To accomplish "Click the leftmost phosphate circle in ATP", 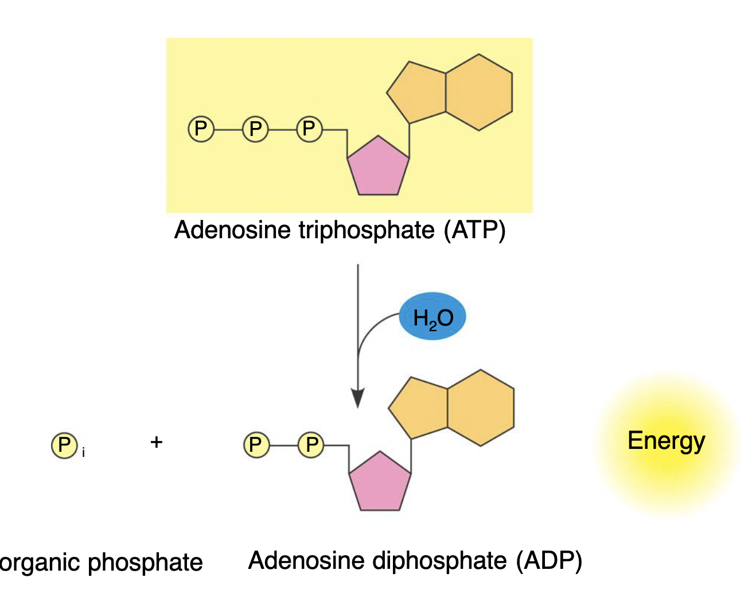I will click(201, 129).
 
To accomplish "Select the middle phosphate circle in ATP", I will click(255, 129).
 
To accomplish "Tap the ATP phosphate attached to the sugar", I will click(309, 129).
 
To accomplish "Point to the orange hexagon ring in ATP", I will click(479, 92).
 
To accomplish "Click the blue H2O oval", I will click(432, 317).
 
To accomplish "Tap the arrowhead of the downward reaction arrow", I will click(358, 398).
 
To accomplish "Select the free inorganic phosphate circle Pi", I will click(64, 445).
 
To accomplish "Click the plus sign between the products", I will click(156, 442).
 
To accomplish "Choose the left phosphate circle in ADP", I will click(256, 445).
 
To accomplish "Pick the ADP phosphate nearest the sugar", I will click(311, 445).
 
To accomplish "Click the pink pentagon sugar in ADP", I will click(380, 483).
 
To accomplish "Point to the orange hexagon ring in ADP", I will click(481, 408).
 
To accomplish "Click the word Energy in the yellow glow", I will click(666, 441).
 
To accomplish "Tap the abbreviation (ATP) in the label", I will click(474, 230).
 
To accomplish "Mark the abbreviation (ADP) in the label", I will click(549, 561).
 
